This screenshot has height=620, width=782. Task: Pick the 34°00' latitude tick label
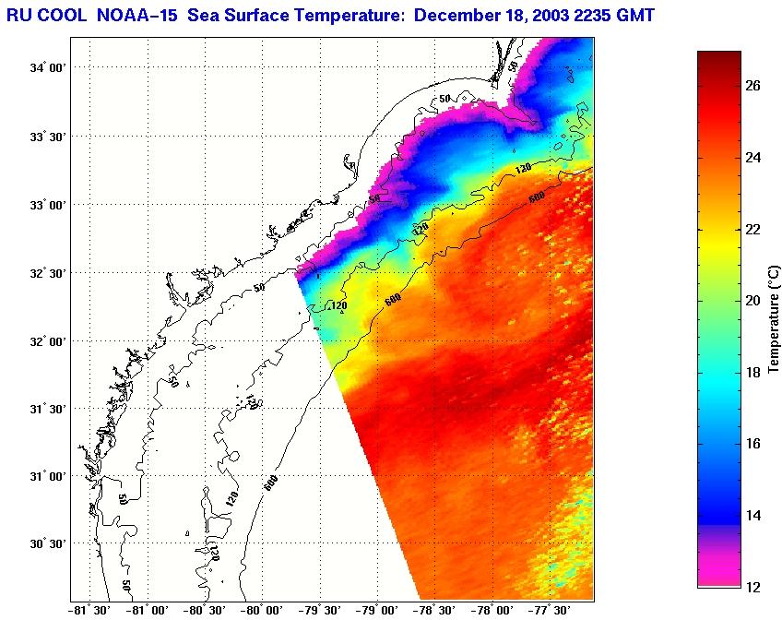point(50,68)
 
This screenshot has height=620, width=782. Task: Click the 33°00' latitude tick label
point(50,205)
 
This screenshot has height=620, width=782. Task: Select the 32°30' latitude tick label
point(50,273)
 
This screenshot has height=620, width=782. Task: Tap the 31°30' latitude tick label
point(50,409)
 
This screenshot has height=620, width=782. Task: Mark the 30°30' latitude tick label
point(50,544)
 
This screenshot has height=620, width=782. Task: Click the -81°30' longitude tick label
point(89,610)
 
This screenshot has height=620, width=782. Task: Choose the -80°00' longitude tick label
point(262,610)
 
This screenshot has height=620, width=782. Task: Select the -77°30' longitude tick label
point(551,610)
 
